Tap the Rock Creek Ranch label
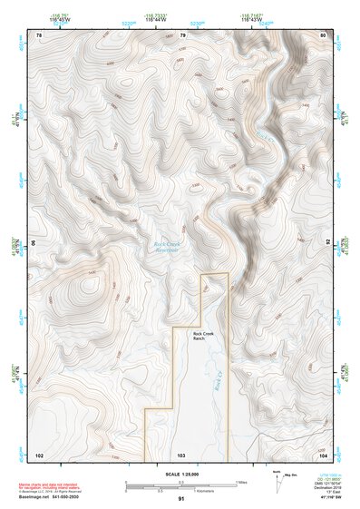coord(205,336)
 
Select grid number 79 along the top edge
coord(183,34)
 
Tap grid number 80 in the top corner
coord(324,34)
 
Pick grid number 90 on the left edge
coord(36,243)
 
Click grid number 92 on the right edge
coord(326,243)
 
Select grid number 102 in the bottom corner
coord(39,454)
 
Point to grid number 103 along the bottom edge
coord(182,454)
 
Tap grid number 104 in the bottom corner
coord(323,454)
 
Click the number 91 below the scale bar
coord(181,499)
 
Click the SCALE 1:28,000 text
coord(180,473)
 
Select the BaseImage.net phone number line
coord(48,497)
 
